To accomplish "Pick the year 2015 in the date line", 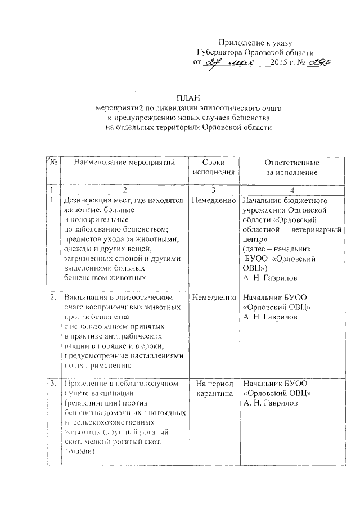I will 280,62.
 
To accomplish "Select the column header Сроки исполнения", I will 213,167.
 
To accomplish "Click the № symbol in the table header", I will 51,163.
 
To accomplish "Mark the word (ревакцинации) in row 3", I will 92,403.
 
